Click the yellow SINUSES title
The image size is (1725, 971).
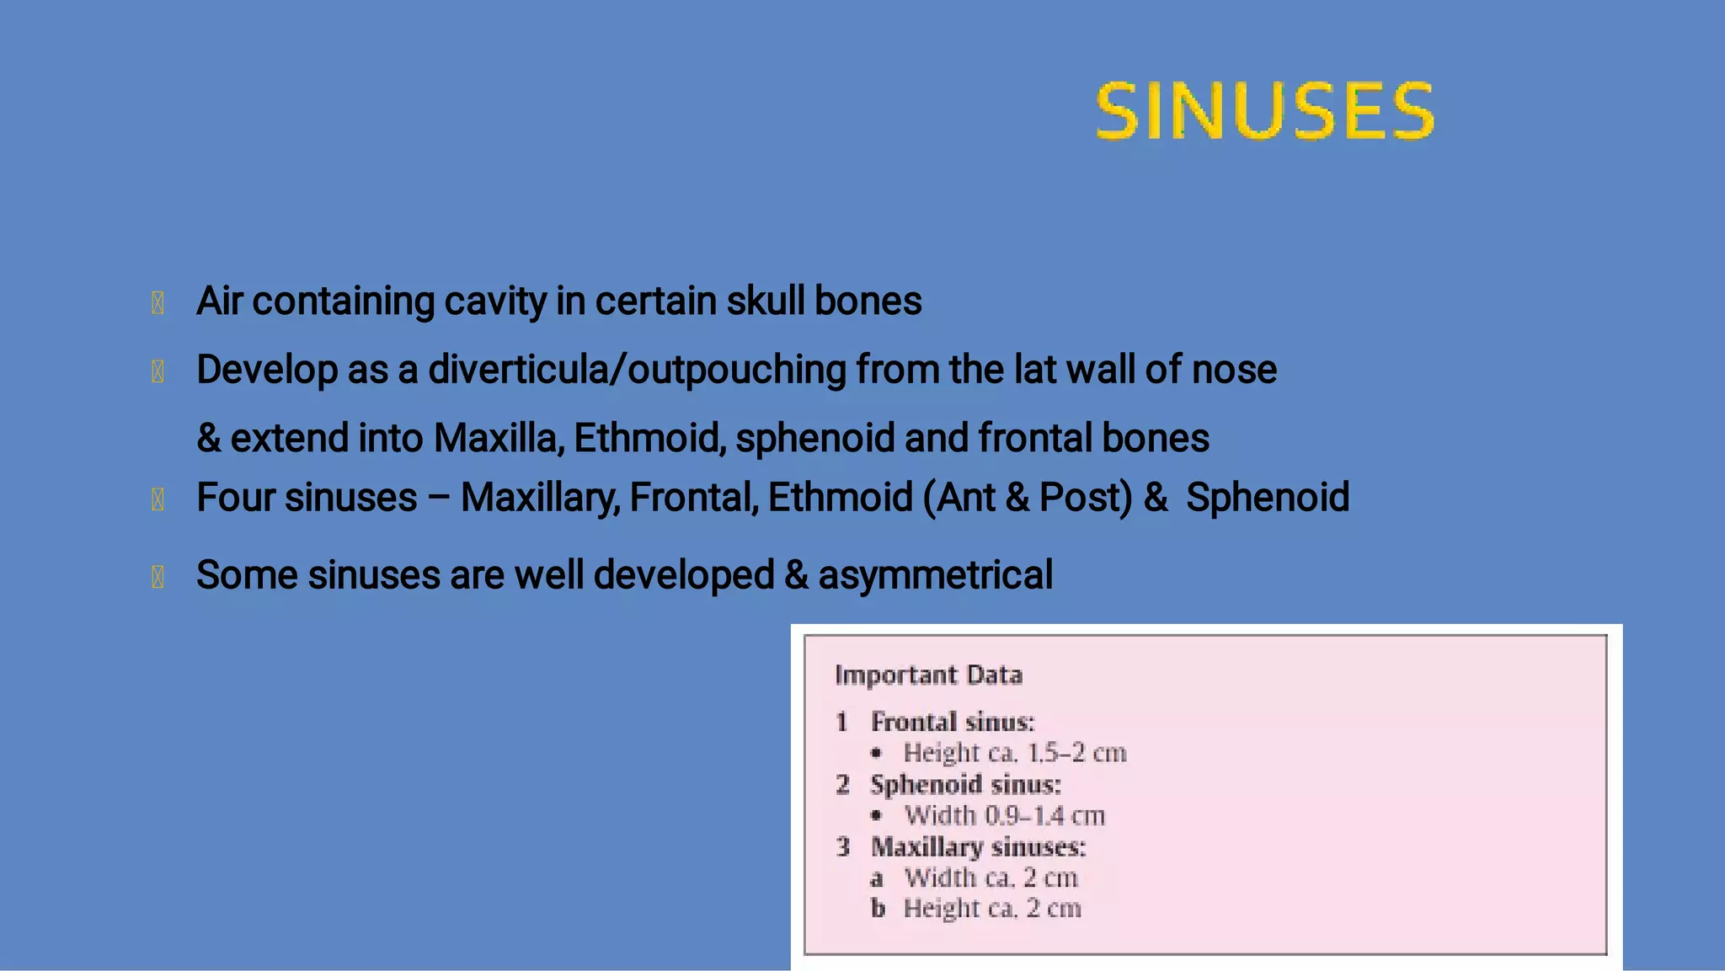tap(1264, 110)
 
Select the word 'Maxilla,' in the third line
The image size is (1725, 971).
tap(499, 438)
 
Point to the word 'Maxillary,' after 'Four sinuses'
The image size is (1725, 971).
tap(540, 498)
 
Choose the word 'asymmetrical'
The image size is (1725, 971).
tap(935, 576)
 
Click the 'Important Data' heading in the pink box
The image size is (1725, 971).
tap(928, 675)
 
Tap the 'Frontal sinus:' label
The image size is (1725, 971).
tap(953, 722)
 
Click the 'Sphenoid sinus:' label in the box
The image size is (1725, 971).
tap(965, 785)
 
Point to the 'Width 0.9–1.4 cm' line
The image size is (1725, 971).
tap(1004, 815)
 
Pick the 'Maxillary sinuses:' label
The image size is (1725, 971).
tap(978, 846)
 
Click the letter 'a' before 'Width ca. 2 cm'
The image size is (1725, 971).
tap(877, 879)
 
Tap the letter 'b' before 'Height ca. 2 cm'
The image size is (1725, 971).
tap(878, 909)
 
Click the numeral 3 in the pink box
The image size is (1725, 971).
tap(843, 846)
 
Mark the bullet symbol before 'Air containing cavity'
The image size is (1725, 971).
tap(158, 303)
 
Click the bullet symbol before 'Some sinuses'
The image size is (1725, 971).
tap(158, 577)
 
